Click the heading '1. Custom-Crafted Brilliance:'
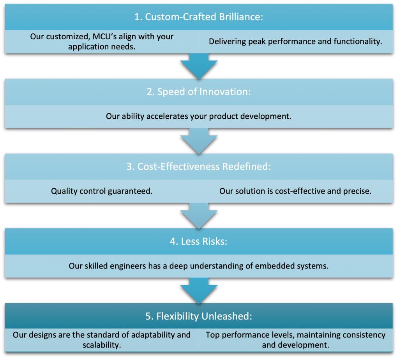[x=199, y=18]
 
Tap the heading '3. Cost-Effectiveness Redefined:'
[x=199, y=167]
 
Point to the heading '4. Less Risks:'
[x=199, y=241]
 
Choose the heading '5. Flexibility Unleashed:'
[x=199, y=316]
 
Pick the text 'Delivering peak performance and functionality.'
[x=295, y=41]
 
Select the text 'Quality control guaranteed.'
[x=102, y=191]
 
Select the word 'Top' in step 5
[x=212, y=335]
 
